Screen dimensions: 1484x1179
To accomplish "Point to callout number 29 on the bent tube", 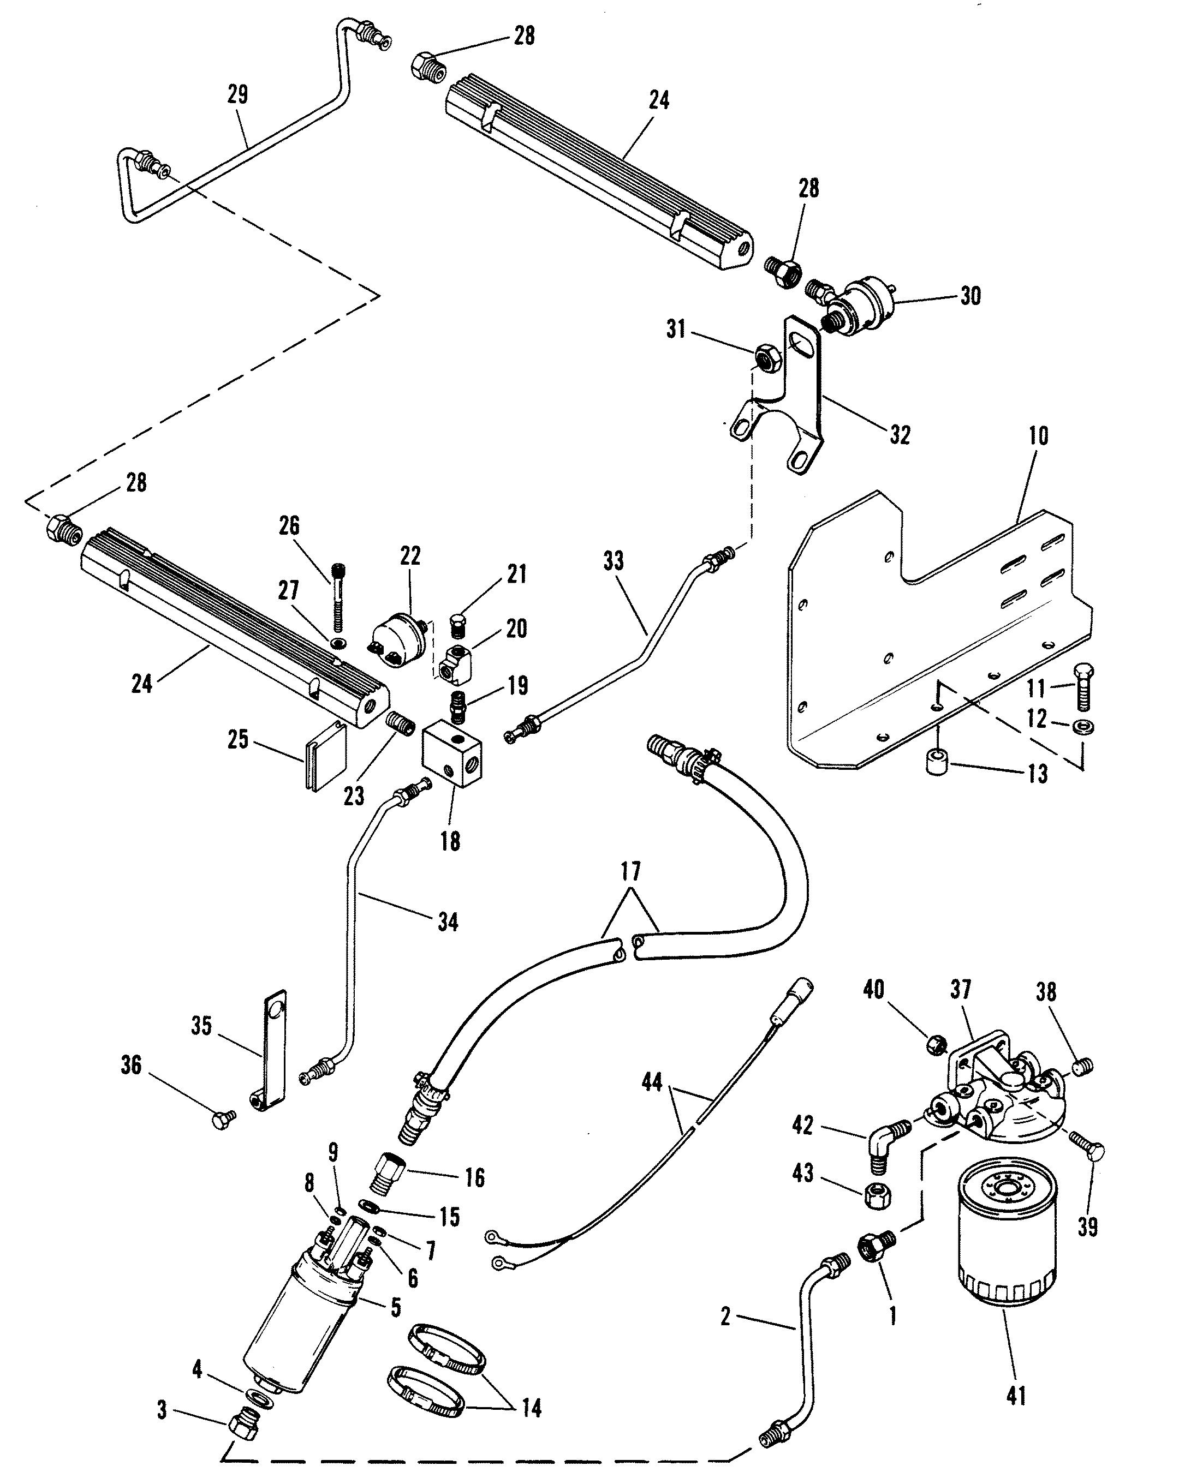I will click(x=237, y=94).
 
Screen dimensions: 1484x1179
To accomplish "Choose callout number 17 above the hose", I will click(x=630, y=872).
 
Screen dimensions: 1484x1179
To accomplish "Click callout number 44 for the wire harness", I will click(x=652, y=1082).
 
